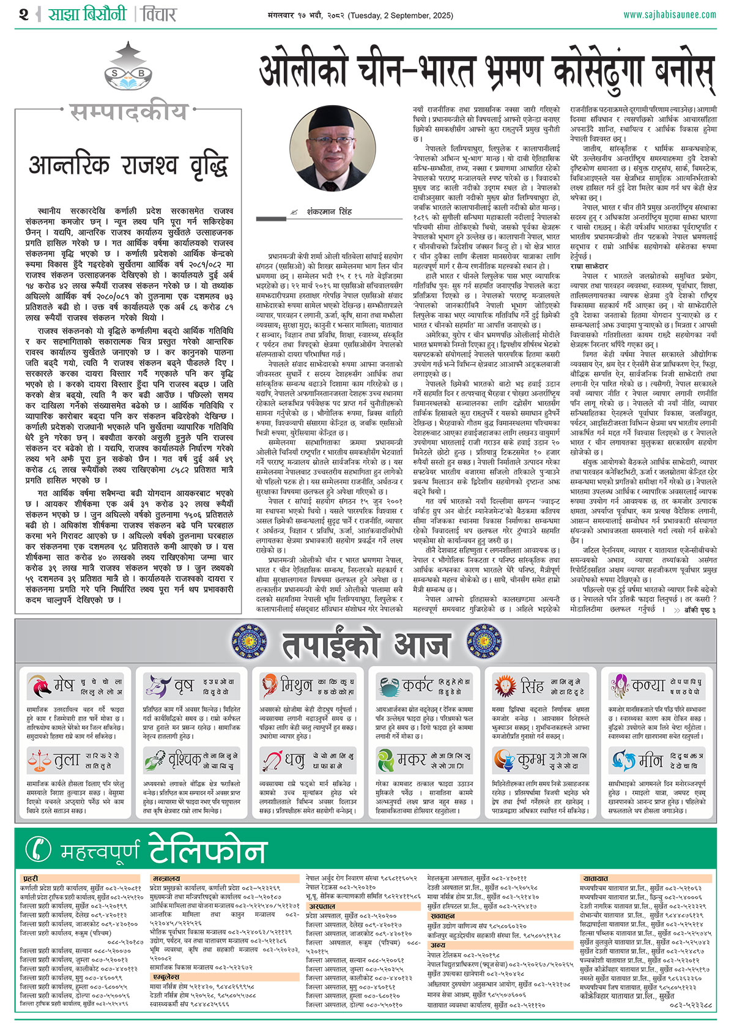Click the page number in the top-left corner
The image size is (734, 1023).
coord(24,13)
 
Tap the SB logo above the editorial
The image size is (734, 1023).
coord(128,71)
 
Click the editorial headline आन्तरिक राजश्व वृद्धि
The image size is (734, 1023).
coord(128,165)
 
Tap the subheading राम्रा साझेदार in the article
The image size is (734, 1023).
coord(589,267)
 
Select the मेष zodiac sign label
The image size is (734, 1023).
coord(64,685)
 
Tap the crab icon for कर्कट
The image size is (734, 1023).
coord(388,686)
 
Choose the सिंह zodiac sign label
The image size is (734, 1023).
coord(532,686)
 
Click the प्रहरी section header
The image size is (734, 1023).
coord(31,878)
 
